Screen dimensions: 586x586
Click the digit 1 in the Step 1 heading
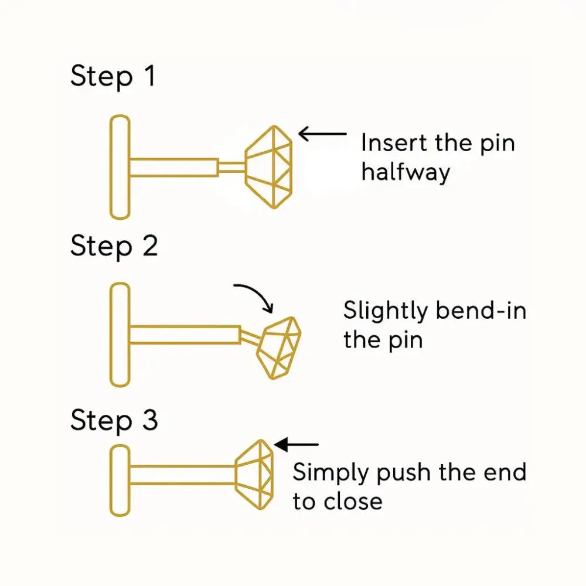click(151, 76)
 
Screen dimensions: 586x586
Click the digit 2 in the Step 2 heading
click(150, 246)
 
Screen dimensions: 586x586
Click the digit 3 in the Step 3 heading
click(150, 420)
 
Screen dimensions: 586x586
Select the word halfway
click(406, 173)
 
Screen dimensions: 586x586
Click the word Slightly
click(386, 311)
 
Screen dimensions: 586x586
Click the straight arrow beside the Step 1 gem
click(322, 134)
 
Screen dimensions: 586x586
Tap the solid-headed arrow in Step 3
click(296, 444)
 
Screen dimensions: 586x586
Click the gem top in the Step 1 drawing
click(269, 167)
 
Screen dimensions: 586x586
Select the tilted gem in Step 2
click(279, 348)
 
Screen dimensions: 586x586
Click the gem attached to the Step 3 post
click(254, 475)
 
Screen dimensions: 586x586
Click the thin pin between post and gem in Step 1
click(231, 167)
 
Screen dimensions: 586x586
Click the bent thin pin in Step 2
click(250, 337)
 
